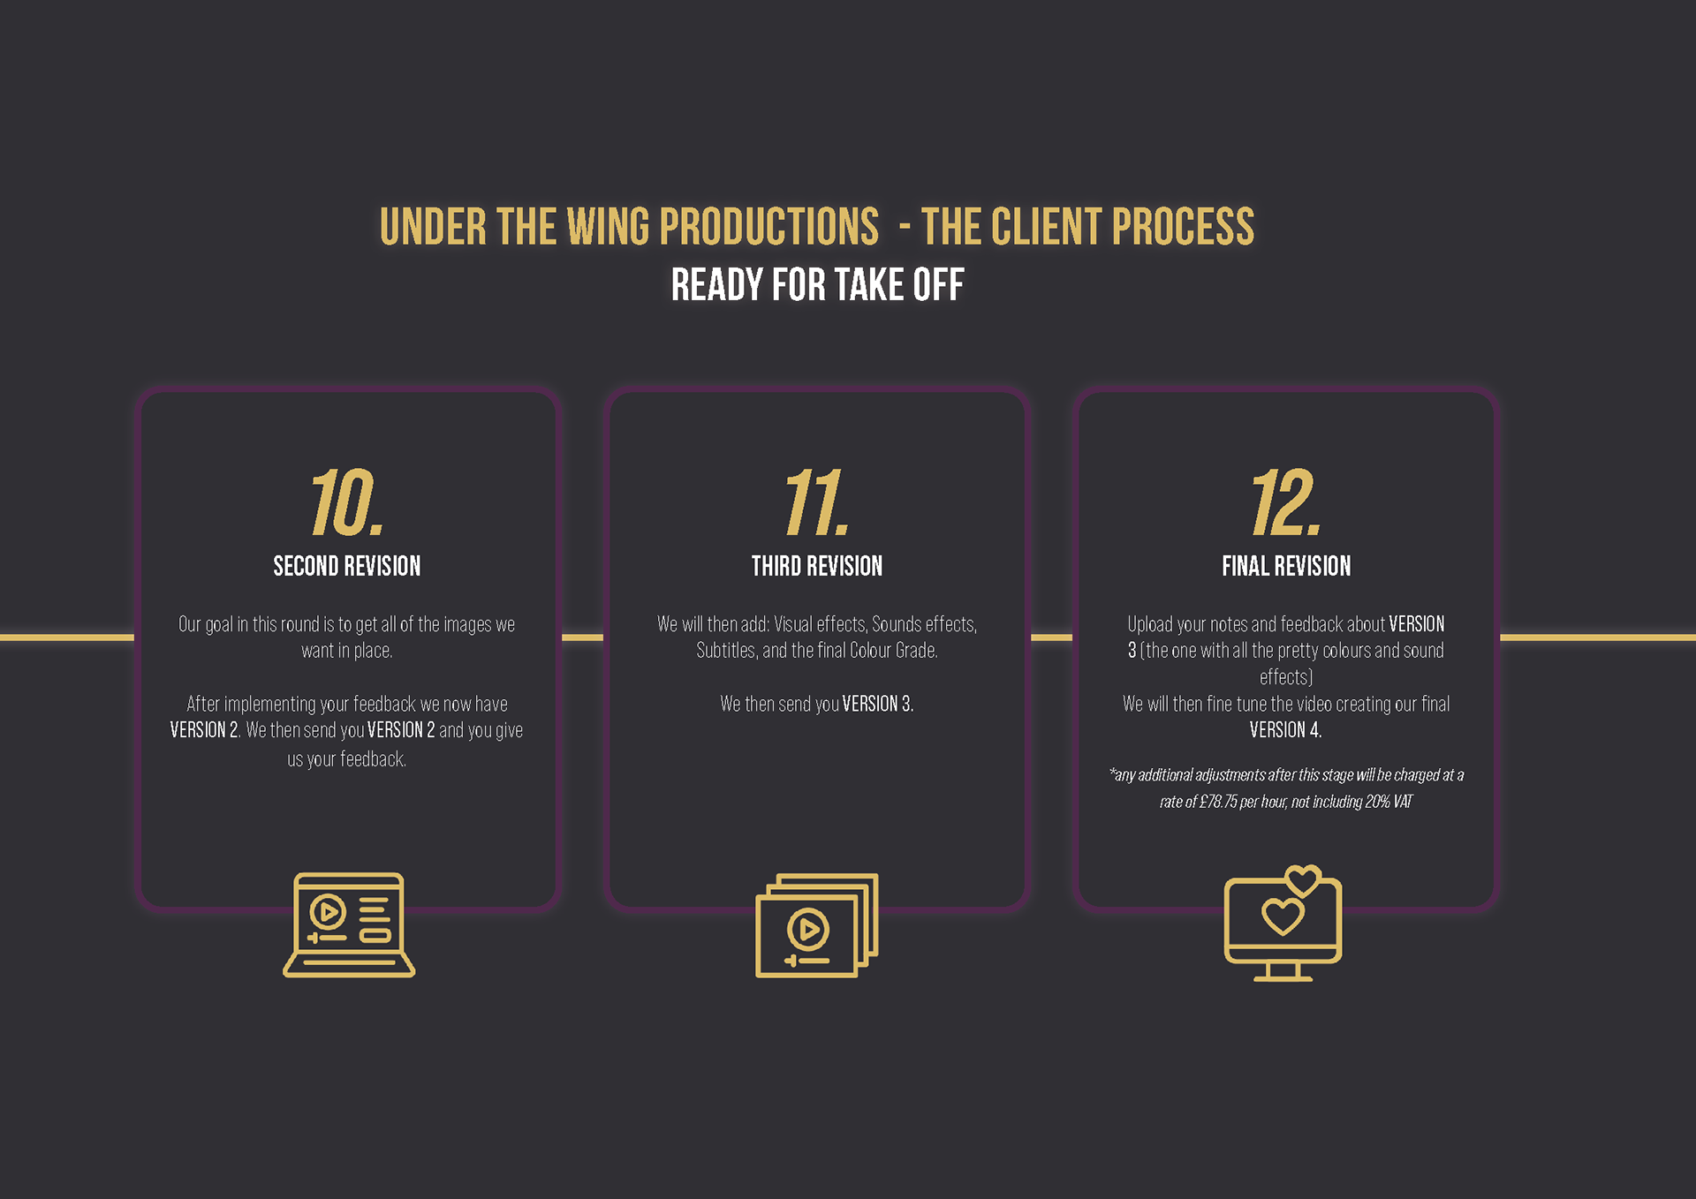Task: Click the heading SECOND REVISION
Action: point(346,566)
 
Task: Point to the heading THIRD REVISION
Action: point(816,566)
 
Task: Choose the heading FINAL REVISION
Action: point(1286,566)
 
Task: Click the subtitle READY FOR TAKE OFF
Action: point(817,285)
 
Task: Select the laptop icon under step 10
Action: point(349,925)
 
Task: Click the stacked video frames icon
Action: point(816,925)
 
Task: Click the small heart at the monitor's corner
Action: point(1302,879)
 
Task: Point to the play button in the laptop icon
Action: point(328,911)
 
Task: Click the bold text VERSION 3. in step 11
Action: point(877,704)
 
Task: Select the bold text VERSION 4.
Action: point(1285,730)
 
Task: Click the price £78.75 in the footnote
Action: point(1218,802)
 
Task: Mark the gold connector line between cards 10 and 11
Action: point(582,637)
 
